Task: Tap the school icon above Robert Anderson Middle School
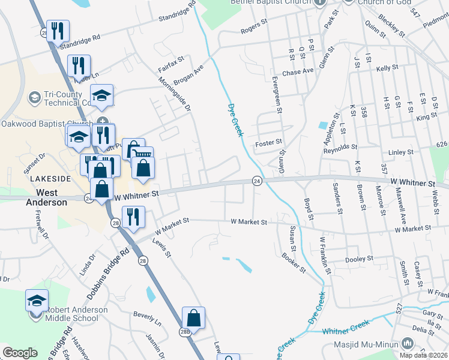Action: pos(37,300)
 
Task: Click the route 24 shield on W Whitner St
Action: pos(257,181)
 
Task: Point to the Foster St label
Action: pos(268,142)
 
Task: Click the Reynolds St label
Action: pos(340,146)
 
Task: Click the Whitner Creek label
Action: pos(346,330)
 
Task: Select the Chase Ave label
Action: pos(298,71)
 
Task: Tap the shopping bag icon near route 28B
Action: pos(193,317)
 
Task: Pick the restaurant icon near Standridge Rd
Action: pos(58,31)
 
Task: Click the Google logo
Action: pos(20,353)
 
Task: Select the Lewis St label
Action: pos(162,247)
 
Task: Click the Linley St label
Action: pos(402,152)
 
